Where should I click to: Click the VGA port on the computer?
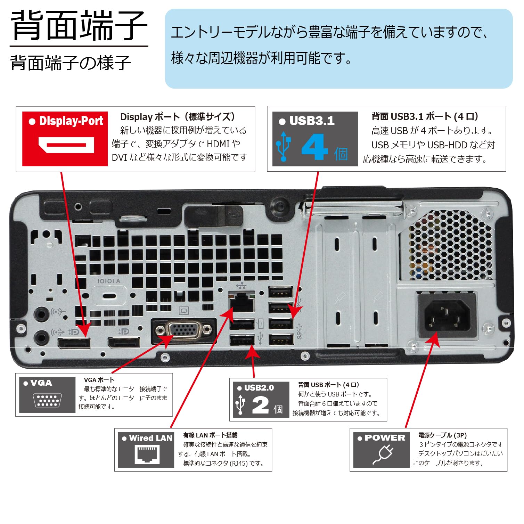[x=184, y=330]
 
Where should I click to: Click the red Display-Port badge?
[x=65, y=139]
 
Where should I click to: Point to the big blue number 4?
[x=314, y=147]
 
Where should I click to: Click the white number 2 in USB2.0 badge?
[x=261, y=405]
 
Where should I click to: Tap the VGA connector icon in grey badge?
[x=47, y=400]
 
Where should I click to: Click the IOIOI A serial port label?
[x=109, y=281]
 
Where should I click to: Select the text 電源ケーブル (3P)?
[x=442, y=435]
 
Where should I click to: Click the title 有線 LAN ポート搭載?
[x=210, y=435]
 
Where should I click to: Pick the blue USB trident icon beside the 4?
[x=283, y=147]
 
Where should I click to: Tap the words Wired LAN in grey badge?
[x=150, y=438]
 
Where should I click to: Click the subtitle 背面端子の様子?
[x=71, y=63]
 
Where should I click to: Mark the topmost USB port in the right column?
[x=281, y=292]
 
